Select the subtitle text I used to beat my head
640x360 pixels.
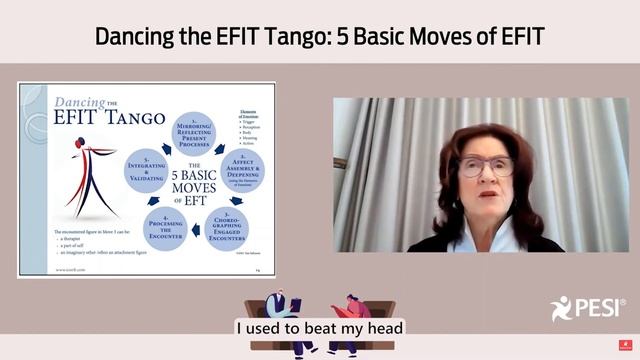pos(319,327)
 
